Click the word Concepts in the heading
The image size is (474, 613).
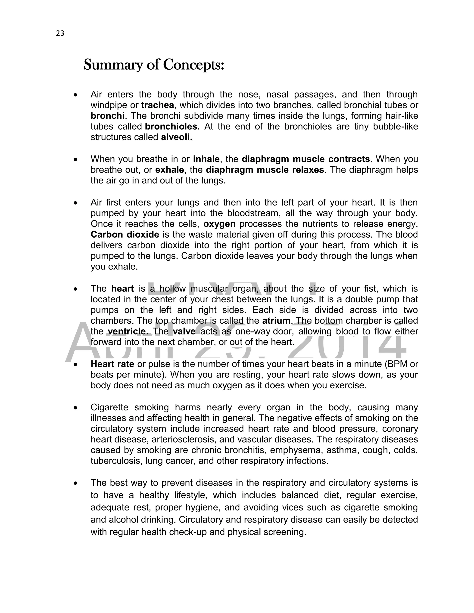[x=193, y=65]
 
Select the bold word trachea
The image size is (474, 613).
[x=158, y=105]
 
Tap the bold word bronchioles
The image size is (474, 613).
[x=171, y=127]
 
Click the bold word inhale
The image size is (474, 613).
[x=206, y=159]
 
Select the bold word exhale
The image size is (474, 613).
[x=170, y=170]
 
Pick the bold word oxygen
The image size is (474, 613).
[x=219, y=224]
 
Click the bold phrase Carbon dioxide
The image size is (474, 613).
[x=125, y=235]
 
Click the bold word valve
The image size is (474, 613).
[x=184, y=331]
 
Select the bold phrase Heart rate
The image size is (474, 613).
[x=112, y=364]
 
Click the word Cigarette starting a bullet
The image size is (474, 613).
[x=109, y=407]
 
